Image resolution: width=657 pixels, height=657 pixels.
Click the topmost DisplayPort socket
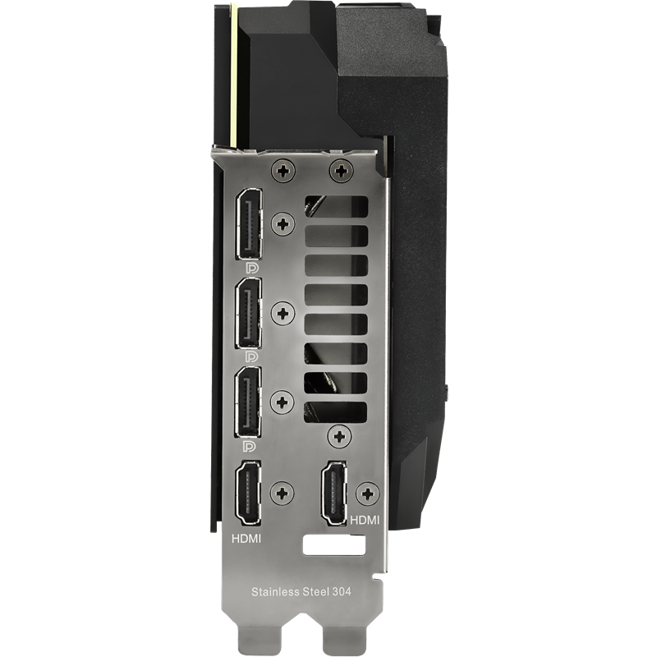coord(250,224)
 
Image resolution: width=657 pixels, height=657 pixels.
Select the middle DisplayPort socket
coord(249,313)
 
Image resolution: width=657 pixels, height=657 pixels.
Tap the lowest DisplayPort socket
coord(249,402)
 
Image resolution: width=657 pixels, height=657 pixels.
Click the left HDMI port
coord(248,493)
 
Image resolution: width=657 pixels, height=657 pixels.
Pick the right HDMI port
coord(334,493)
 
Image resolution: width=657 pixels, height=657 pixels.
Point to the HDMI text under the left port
coord(246,539)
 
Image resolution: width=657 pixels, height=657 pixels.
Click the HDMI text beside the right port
coord(365,520)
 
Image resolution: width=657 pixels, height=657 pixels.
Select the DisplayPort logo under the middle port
coord(252,356)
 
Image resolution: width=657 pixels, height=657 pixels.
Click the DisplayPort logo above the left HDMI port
coord(250,446)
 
